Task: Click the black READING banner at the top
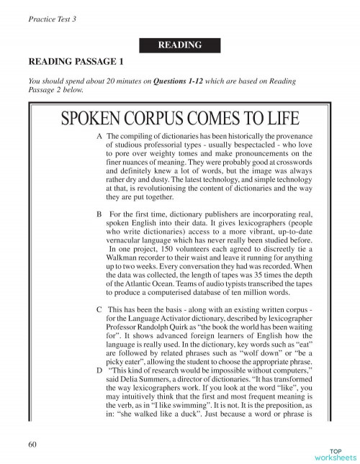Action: pyautogui.click(x=180, y=45)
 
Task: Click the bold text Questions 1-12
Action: pyautogui.click(x=179, y=82)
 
